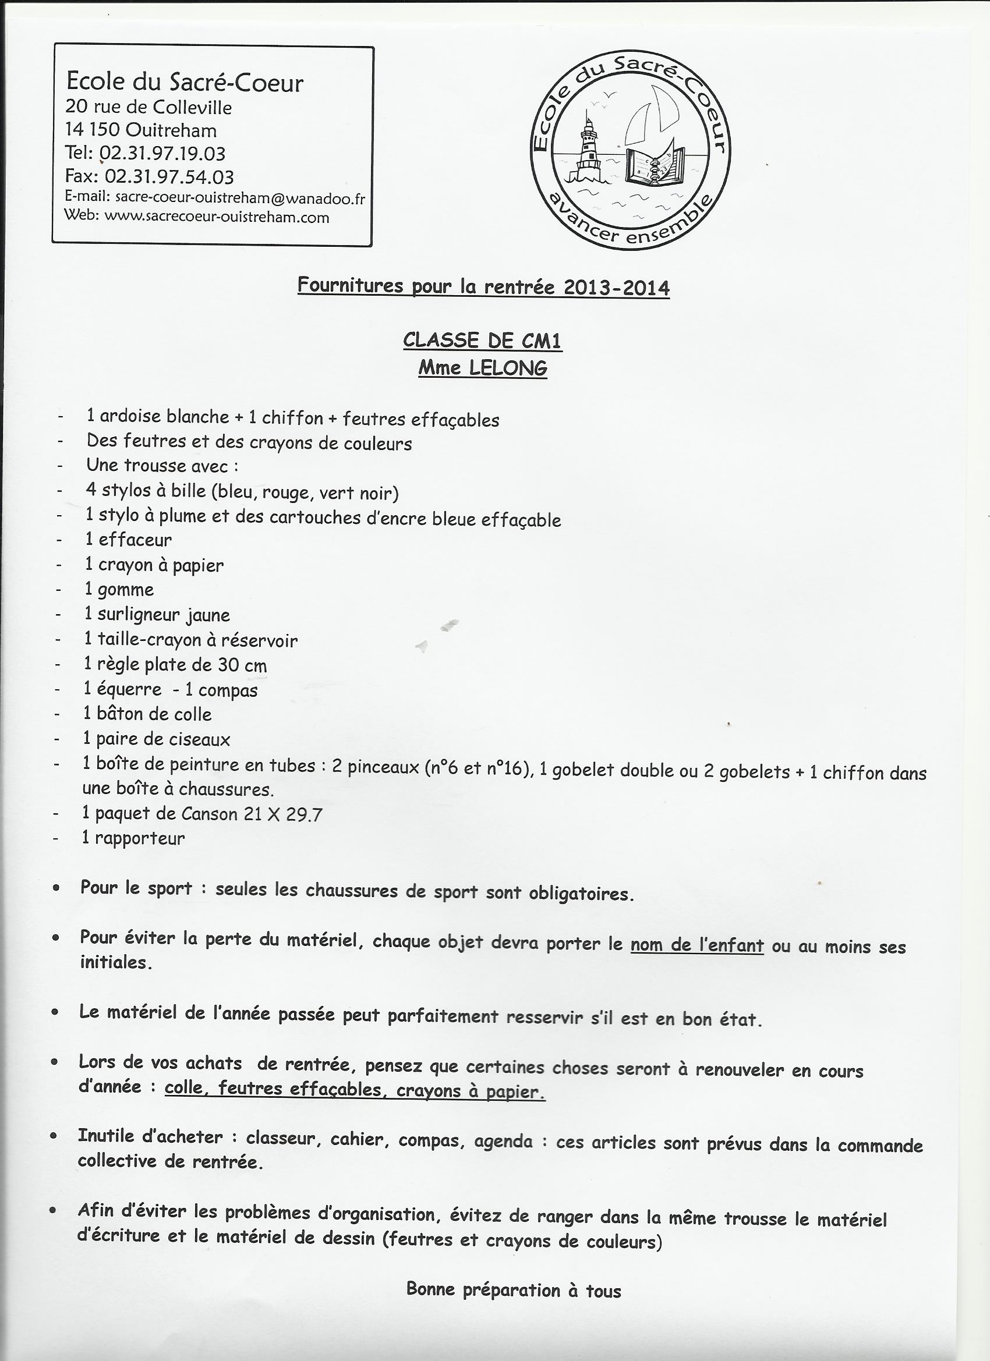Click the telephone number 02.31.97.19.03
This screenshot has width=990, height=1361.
tap(162, 154)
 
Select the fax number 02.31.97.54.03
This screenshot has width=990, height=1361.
tap(169, 176)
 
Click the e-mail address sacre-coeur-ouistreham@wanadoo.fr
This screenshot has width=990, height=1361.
tap(239, 197)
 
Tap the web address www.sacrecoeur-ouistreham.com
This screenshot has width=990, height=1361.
tap(217, 217)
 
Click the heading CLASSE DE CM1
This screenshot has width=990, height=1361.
tap(482, 341)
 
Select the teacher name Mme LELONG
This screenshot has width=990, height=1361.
tap(482, 367)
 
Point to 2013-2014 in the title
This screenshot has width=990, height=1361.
tap(617, 288)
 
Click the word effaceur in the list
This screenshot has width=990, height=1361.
tap(135, 540)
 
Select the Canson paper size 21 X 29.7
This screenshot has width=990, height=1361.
tap(283, 814)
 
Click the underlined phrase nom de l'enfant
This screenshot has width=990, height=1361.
tap(696, 945)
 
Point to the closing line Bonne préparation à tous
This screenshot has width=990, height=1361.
tap(513, 1289)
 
